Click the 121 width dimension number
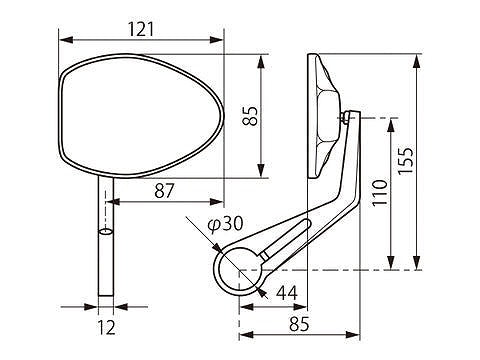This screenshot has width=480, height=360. tap(141, 29)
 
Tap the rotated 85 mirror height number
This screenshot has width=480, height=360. tap(250, 116)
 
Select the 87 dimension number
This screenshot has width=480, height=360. tap(164, 191)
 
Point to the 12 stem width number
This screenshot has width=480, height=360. tap(107, 327)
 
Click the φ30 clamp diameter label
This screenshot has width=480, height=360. tap(225, 224)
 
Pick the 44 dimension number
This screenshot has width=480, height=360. tap(287, 293)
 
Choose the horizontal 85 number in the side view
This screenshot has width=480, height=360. tap(299, 324)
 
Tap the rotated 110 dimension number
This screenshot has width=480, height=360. tap(380, 193)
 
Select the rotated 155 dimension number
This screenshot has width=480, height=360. tap(406, 160)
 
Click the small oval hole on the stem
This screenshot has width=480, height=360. tap(106, 231)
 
